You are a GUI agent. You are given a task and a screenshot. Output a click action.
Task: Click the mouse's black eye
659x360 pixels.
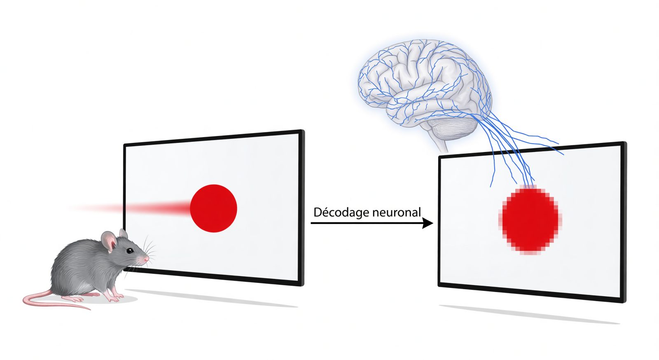pos(129,250)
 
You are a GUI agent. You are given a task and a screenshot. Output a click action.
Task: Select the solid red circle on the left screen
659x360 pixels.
pos(214,208)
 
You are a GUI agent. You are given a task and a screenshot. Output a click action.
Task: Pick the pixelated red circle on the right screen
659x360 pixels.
pos(530,220)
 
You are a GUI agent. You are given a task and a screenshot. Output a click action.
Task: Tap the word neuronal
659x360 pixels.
pos(394,213)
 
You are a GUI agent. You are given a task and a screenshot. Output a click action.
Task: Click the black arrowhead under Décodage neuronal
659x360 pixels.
pos(428,223)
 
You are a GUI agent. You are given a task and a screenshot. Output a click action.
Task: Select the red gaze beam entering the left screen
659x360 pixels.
pos(129,208)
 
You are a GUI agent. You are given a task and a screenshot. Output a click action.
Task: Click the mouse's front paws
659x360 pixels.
pos(116,298)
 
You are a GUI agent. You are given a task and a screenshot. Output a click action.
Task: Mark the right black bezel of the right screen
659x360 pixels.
pos(624,222)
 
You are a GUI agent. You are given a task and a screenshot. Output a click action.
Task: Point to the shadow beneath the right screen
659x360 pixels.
pos(530,315)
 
